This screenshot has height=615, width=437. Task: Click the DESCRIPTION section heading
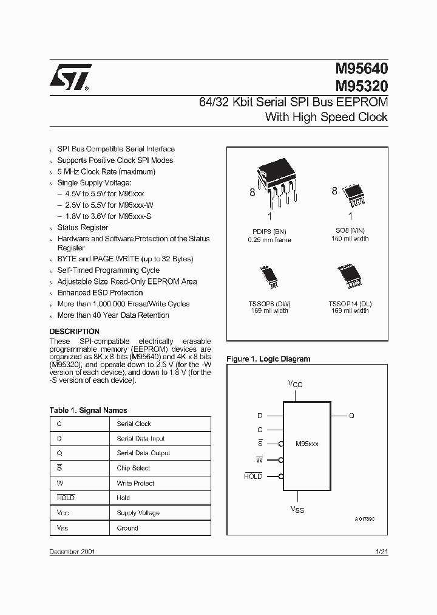74,332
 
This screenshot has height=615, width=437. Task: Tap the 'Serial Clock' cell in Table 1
134,424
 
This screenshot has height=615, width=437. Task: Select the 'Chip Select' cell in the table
134,468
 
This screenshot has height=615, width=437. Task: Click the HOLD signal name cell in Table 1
66,498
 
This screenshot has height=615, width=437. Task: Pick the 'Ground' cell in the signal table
127,528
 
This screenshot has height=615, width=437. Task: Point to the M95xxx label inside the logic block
307,444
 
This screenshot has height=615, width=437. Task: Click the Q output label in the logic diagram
351,416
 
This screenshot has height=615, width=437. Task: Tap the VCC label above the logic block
296,385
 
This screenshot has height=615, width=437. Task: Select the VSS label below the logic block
297,509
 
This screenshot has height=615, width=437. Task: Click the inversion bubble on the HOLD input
281,476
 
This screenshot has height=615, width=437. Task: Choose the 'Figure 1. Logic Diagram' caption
268,359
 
